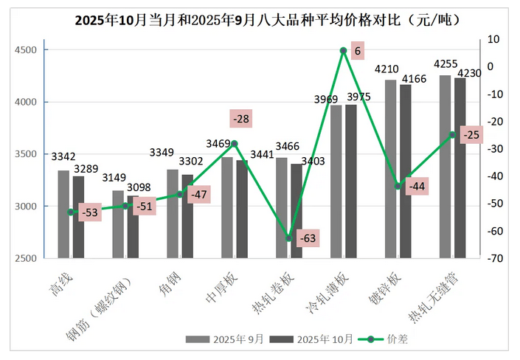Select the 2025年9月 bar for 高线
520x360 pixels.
63,214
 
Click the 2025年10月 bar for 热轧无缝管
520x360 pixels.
460,167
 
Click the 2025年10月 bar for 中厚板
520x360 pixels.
242,209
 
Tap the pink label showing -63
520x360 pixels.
307,238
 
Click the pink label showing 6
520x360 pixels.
358,51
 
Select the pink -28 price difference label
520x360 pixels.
241,118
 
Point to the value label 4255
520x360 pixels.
445,64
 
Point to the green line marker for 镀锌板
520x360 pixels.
398,186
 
